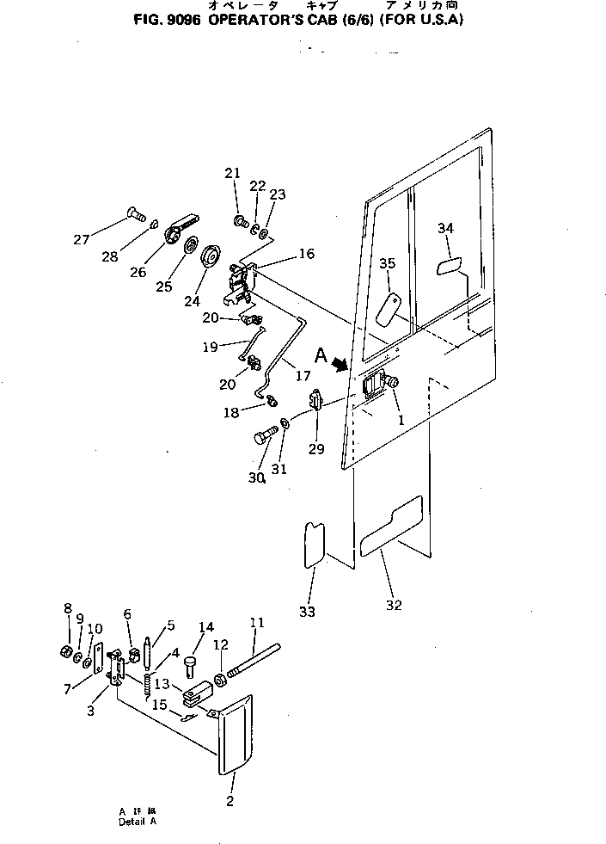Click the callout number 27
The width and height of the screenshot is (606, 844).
coord(82,240)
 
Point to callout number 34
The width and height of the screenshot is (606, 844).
coord(445,228)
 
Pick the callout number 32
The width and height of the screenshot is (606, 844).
coord(394,605)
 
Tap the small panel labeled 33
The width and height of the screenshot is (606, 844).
coord(315,543)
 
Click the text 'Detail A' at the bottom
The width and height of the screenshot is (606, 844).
coord(138,822)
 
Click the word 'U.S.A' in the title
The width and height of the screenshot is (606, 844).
coord(439,18)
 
